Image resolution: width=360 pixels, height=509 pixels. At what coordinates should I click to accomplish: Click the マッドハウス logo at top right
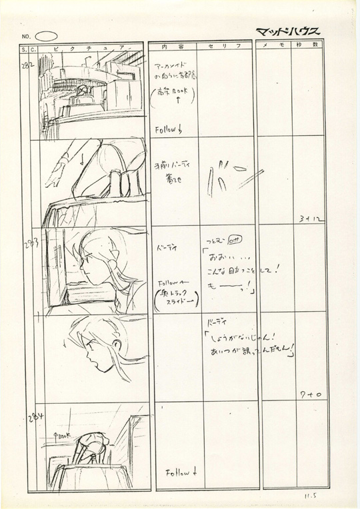[x=287, y=31]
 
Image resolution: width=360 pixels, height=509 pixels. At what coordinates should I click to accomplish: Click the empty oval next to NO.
[x=46, y=35]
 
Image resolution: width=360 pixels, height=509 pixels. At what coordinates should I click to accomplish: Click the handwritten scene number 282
[x=29, y=57]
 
